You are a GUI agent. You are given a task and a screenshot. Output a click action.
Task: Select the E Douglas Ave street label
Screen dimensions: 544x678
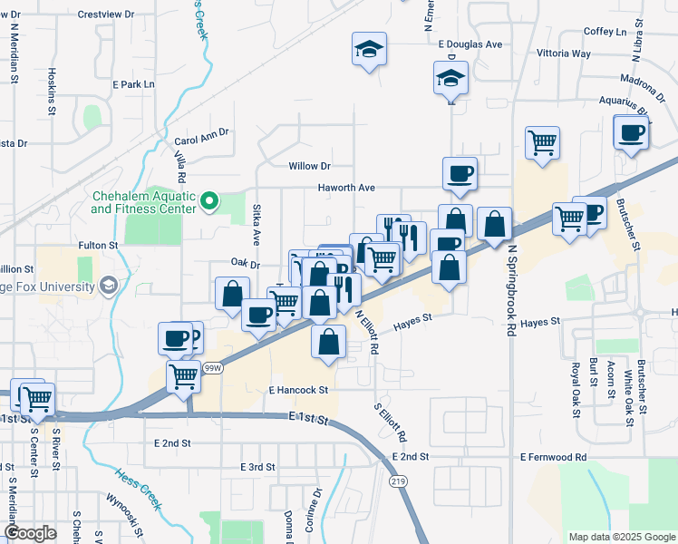(x=470, y=44)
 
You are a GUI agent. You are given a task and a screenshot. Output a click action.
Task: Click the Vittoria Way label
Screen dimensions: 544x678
(x=564, y=53)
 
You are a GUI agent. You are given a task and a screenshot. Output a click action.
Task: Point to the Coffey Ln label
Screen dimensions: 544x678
(x=605, y=32)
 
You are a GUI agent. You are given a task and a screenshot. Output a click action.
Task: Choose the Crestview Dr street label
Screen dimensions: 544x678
(x=105, y=15)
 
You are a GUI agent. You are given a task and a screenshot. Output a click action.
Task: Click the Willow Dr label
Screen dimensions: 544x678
(x=309, y=166)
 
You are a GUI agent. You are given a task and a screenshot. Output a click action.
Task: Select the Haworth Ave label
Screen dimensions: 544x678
(x=345, y=188)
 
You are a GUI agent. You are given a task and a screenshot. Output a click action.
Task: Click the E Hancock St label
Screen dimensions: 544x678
(x=297, y=390)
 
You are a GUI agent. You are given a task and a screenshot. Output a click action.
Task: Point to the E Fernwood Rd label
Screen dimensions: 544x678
(x=553, y=458)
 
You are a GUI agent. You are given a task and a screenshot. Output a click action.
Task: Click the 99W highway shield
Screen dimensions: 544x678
(x=212, y=367)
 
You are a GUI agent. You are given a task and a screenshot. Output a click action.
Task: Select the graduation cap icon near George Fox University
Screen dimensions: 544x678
(x=108, y=287)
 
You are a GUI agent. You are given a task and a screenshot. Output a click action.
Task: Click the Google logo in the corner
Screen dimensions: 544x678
(x=30, y=533)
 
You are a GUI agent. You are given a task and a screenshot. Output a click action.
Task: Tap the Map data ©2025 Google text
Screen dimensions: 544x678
(x=621, y=537)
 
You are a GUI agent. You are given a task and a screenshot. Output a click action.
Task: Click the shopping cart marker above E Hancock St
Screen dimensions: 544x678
(x=183, y=374)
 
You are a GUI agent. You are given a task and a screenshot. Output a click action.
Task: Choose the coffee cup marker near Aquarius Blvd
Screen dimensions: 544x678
(x=630, y=133)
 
